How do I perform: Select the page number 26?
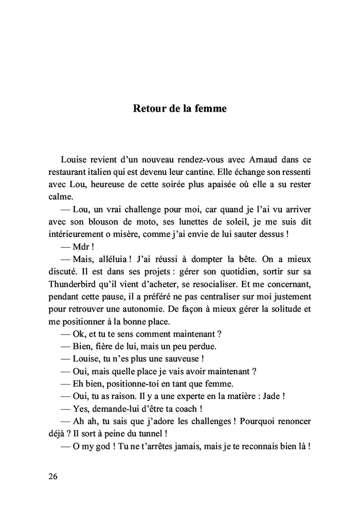(53, 476)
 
